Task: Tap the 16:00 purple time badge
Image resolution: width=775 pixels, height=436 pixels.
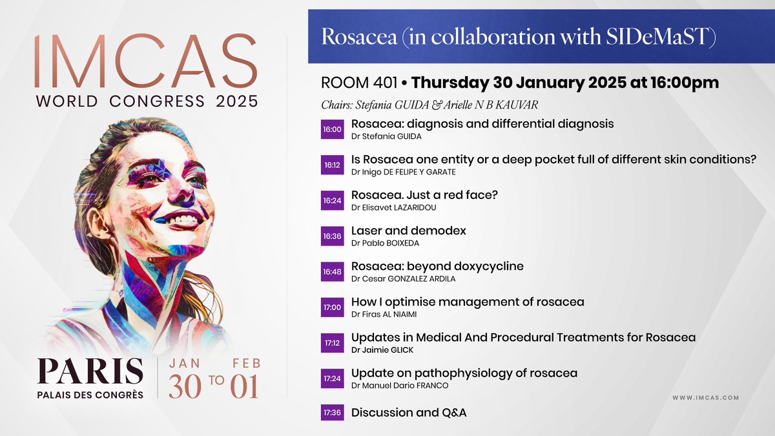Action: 331,129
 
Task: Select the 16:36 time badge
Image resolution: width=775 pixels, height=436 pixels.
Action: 331,236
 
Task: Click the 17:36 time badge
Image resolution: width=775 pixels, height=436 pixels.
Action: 331,412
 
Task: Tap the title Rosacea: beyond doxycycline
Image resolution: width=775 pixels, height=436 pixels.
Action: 437,266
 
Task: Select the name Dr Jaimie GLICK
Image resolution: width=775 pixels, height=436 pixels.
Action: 382,349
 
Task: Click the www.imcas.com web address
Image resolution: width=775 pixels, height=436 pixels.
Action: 705,398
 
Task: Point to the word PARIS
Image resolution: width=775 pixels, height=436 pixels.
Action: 90,371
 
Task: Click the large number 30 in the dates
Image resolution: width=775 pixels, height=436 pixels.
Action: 188,386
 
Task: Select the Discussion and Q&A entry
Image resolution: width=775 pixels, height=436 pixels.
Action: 408,412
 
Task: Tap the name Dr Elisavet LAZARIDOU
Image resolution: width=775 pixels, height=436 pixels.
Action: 392,207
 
